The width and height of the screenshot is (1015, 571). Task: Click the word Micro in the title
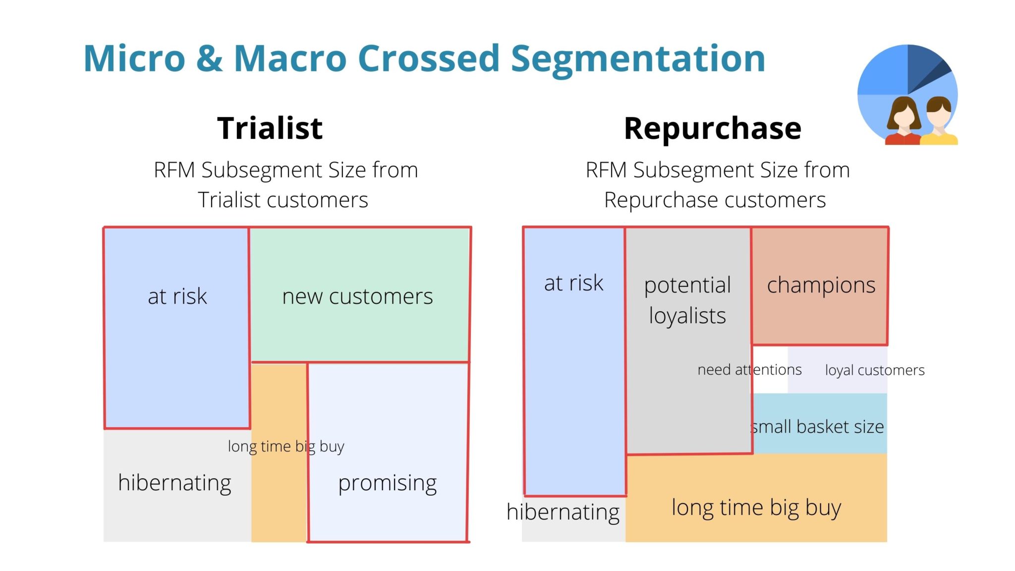tap(134, 58)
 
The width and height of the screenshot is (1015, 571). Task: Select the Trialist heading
tap(270, 128)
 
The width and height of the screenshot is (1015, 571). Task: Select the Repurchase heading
tap(712, 128)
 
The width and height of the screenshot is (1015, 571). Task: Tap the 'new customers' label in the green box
tap(357, 296)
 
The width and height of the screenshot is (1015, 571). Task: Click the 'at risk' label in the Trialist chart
tap(177, 296)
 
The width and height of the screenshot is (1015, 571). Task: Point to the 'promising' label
tap(387, 483)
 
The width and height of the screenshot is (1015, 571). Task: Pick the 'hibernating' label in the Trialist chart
tap(174, 483)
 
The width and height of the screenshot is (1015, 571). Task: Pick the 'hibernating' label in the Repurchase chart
tap(563, 512)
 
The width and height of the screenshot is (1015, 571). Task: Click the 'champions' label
tap(821, 285)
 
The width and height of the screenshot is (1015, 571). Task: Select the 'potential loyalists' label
tap(687, 300)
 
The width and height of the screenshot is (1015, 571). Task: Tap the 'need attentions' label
tap(749, 370)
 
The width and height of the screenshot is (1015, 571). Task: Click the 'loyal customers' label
tap(875, 370)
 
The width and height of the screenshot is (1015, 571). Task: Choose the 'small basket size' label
tap(818, 427)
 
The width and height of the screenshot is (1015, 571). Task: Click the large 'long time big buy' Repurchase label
tap(756, 508)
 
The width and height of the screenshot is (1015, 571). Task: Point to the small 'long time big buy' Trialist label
tap(286, 447)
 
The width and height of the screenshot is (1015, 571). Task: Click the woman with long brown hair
tap(903, 120)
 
